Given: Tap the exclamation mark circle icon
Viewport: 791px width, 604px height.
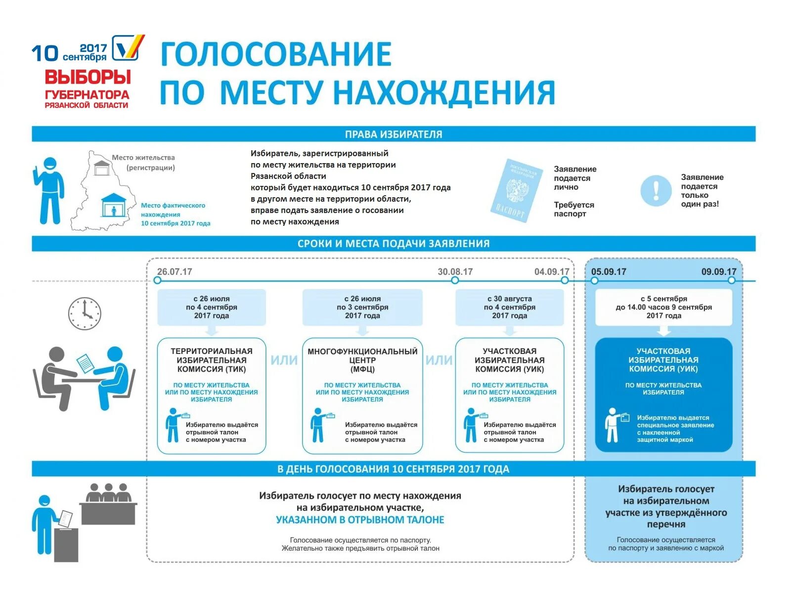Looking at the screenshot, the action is (x=656, y=191).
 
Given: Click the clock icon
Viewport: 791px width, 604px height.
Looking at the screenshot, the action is (x=85, y=313).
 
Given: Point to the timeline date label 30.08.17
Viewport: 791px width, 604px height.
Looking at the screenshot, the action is (x=455, y=271).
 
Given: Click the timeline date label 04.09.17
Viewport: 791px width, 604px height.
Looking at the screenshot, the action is (x=551, y=271).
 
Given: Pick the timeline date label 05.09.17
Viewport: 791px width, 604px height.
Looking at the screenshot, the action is (x=609, y=271).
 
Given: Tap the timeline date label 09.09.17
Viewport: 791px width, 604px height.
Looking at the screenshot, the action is (x=718, y=271).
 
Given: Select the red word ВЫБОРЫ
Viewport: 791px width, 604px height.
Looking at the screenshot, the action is (x=88, y=77).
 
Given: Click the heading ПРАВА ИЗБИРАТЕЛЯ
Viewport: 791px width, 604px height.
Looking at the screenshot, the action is (x=394, y=134).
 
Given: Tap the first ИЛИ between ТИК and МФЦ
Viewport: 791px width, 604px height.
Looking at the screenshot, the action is (x=284, y=360).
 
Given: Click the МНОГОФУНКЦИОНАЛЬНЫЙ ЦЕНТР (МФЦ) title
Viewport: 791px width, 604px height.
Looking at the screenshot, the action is (x=362, y=360).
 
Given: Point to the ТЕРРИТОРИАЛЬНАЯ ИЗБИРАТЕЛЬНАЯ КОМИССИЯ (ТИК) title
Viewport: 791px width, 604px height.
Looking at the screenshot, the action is (x=212, y=360).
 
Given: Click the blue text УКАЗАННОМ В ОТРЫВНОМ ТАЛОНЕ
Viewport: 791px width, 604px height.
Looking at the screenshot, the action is (x=360, y=520).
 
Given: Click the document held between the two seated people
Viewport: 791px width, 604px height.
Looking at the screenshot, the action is (x=85, y=363).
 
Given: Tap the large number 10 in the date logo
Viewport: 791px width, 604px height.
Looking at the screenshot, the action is (x=45, y=53).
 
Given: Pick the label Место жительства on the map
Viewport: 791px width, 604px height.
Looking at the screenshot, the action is (x=143, y=158).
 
